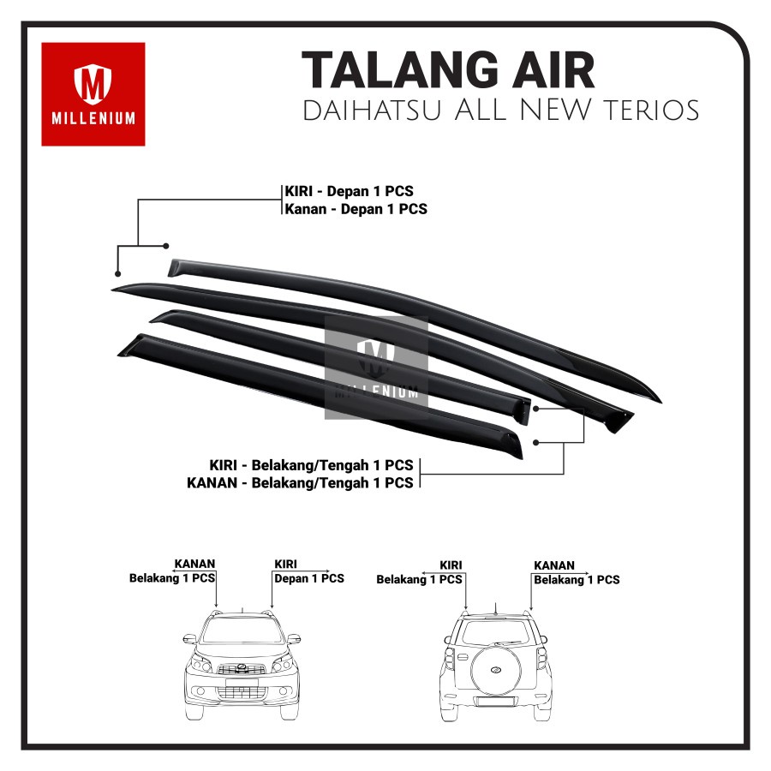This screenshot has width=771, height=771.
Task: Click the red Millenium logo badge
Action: (x=93, y=93)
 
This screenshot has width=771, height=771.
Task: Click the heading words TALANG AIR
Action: (x=448, y=70)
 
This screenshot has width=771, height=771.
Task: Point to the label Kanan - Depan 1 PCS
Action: (x=356, y=208)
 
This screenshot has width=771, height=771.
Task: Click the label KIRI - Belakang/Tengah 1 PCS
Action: (x=311, y=465)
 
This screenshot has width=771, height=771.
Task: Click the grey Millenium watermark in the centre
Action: (x=375, y=368)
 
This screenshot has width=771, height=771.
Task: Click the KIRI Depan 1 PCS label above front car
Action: (x=308, y=572)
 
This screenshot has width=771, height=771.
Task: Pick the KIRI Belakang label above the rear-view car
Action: (x=420, y=572)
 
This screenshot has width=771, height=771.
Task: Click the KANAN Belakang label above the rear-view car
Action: (x=576, y=573)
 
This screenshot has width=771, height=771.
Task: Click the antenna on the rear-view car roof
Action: (x=495, y=607)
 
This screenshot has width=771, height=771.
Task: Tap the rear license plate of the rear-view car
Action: (x=496, y=701)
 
